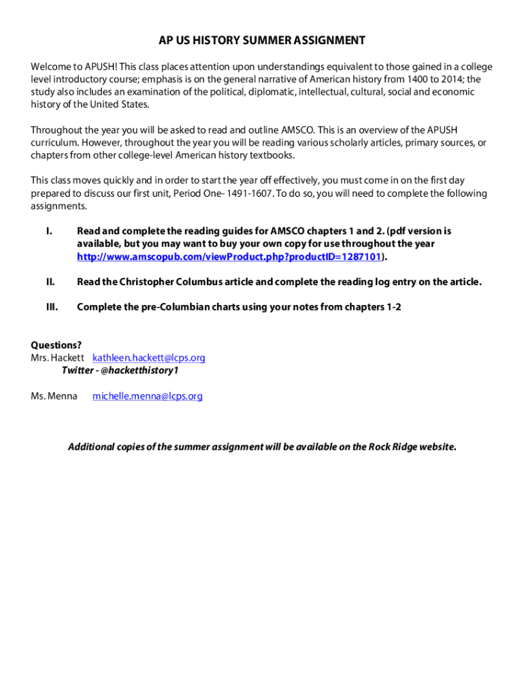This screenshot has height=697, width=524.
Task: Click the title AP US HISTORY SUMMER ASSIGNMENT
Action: tap(262, 41)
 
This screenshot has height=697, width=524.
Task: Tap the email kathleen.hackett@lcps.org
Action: tap(149, 357)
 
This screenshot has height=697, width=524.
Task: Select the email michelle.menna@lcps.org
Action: tap(148, 395)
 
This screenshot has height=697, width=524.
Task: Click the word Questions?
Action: tap(56, 344)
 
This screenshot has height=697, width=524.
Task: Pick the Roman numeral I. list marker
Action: tap(49, 231)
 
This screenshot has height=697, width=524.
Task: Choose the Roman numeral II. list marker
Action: tap(50, 282)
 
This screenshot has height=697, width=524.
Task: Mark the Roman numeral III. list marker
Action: tap(52, 307)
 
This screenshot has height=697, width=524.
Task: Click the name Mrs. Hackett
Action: tap(58, 357)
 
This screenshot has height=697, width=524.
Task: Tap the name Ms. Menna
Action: tap(54, 395)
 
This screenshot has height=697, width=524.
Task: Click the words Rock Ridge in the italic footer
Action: tap(393, 447)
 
